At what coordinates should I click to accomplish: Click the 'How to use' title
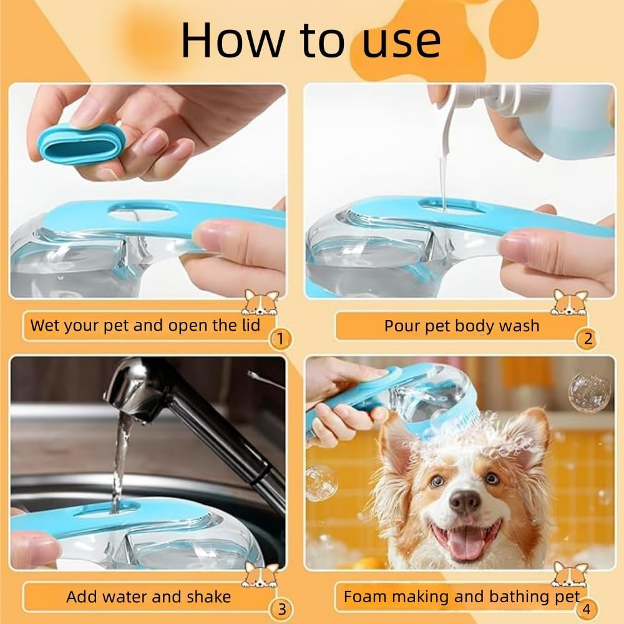[310, 41]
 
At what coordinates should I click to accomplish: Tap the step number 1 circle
[280, 339]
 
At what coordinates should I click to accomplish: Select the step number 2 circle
[587, 339]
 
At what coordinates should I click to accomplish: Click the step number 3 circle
[281, 608]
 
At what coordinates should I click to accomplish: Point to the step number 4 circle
[587, 608]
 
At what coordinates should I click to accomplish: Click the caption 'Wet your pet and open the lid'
[145, 325]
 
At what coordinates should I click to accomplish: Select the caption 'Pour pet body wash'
[461, 326]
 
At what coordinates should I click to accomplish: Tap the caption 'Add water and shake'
[149, 597]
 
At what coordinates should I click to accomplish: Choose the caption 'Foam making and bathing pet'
[461, 597]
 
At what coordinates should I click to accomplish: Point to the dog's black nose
[464, 500]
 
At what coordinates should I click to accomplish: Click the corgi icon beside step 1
[260, 302]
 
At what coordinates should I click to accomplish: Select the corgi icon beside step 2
[569, 302]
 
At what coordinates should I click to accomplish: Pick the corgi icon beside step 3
[260, 574]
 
